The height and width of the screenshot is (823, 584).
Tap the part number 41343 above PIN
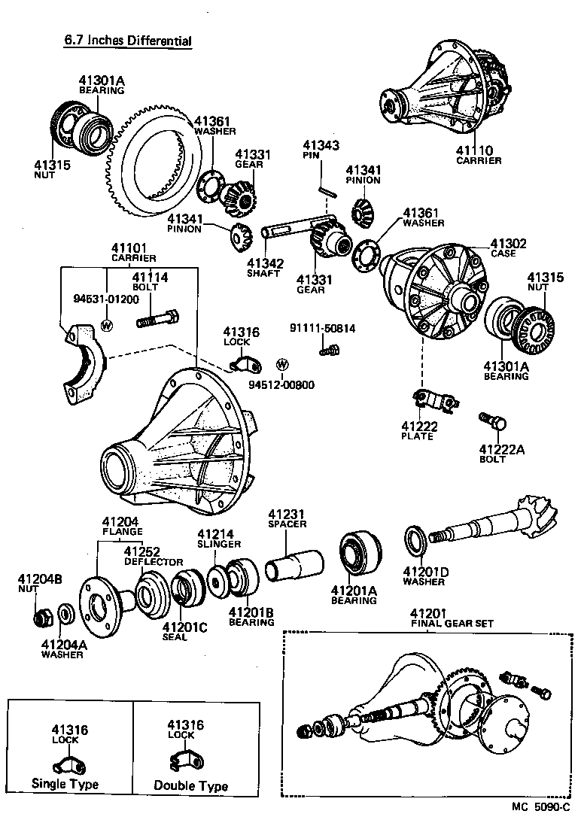(x=321, y=145)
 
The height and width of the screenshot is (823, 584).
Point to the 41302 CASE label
(x=508, y=248)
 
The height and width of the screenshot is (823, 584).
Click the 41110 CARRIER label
(x=478, y=155)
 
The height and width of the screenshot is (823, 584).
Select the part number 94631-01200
(x=106, y=299)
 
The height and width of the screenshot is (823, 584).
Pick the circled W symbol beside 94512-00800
(x=283, y=365)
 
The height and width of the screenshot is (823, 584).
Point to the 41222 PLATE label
(x=419, y=430)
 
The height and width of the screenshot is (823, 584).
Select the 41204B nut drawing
(x=44, y=617)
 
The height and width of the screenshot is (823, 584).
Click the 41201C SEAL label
(x=184, y=631)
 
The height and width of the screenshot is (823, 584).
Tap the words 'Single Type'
(x=65, y=784)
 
